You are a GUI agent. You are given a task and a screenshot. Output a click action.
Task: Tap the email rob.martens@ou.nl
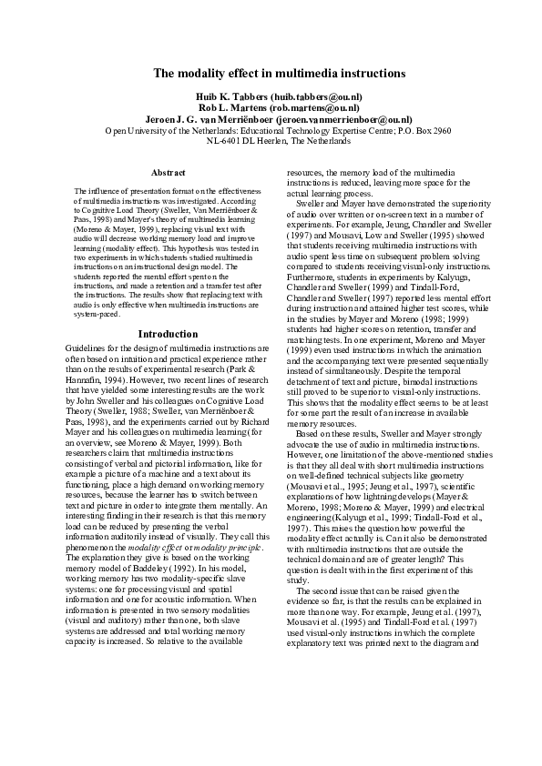(316, 107)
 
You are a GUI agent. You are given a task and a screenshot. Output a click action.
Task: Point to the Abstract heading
(168, 172)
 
